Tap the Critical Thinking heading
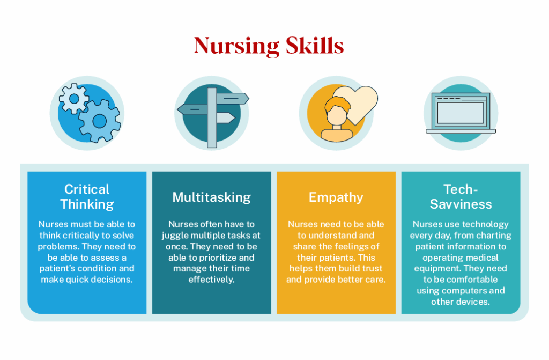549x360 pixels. click(x=87, y=196)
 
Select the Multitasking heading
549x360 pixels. click(x=211, y=197)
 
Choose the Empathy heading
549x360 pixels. click(x=336, y=197)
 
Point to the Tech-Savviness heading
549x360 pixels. click(x=461, y=196)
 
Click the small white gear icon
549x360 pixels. click(x=72, y=99)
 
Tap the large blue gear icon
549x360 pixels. click(x=100, y=120)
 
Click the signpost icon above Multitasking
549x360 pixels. click(x=212, y=115)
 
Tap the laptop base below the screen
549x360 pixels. click(x=461, y=131)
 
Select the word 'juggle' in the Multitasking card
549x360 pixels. click(x=175, y=236)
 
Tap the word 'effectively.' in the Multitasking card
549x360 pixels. click(x=211, y=280)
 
